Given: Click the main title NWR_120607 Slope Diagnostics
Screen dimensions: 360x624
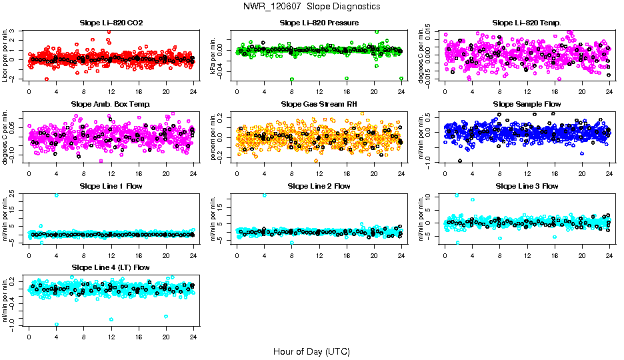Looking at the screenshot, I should tap(312, 6).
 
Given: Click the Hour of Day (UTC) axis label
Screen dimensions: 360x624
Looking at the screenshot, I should tap(311, 351).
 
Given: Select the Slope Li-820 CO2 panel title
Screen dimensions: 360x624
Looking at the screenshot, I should tap(111, 23).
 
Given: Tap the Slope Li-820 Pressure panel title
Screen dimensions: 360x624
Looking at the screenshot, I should tap(319, 23).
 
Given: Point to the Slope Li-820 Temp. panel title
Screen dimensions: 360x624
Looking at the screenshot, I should tap(527, 23).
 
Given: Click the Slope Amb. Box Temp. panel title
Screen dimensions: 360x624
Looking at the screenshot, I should tap(111, 104).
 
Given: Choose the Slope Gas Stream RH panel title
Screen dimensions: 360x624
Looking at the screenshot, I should tap(319, 104).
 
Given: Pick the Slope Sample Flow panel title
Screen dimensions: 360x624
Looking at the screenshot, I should tap(527, 104).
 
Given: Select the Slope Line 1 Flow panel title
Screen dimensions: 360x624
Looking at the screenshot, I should tap(111, 186).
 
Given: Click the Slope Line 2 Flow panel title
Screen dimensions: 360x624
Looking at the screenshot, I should tap(319, 186).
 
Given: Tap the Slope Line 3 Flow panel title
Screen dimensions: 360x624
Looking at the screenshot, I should tap(527, 186).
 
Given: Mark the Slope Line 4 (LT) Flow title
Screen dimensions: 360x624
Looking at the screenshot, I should tap(111, 267).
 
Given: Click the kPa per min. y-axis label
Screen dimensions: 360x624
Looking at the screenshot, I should tap(214, 56).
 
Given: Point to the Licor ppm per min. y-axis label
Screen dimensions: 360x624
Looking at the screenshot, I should tap(6, 56).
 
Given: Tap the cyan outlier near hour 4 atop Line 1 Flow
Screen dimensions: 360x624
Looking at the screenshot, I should tap(57, 195).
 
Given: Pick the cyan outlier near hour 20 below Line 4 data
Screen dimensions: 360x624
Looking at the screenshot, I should tap(166, 316).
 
